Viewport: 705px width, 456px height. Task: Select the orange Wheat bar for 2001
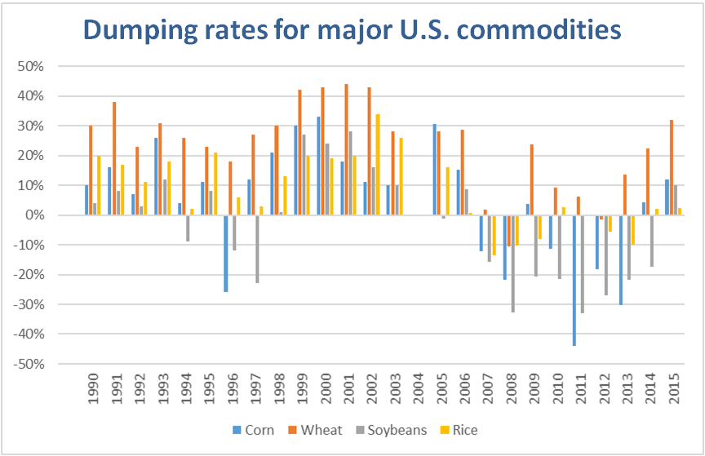(347, 149)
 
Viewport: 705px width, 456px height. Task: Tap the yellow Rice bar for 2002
(378, 164)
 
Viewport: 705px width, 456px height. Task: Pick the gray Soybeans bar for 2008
(512, 263)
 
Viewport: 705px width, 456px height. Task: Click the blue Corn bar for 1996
(226, 254)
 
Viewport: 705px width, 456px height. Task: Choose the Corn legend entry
(254, 430)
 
